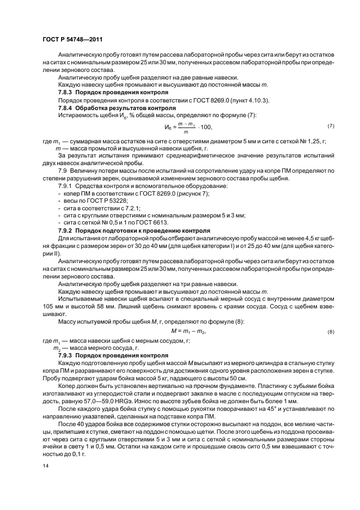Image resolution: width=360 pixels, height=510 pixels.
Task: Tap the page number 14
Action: (45, 466)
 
